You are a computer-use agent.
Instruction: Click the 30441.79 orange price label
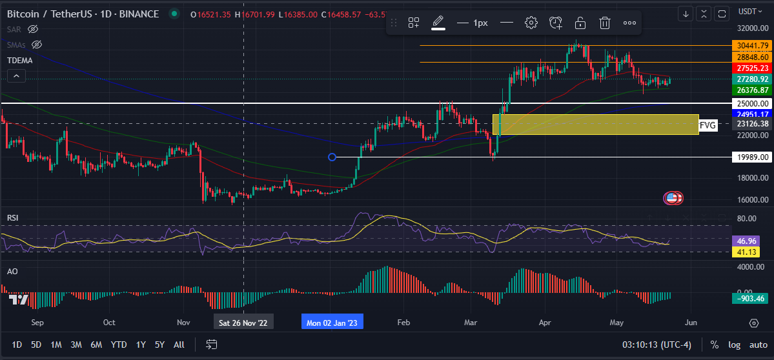point(751,45)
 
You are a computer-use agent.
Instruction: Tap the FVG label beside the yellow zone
point(708,125)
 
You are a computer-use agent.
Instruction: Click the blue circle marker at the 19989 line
point(332,157)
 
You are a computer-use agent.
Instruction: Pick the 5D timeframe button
point(36,345)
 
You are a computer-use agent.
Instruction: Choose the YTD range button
point(119,345)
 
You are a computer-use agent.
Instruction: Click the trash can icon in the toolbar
point(605,23)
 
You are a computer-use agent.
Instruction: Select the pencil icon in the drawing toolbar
point(438,22)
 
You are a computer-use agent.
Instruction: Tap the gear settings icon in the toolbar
point(531,23)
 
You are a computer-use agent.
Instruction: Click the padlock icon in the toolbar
point(580,23)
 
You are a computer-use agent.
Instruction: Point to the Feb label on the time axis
point(404,322)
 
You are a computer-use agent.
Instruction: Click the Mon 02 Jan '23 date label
point(332,322)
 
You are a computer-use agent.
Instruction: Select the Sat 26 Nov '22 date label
point(243,322)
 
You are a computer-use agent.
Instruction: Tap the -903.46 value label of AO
point(751,298)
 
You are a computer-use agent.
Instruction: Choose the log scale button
point(735,345)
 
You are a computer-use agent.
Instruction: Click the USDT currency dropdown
point(749,11)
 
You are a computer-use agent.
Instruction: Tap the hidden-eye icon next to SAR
point(34,29)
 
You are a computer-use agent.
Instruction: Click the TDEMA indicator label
point(20,60)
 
